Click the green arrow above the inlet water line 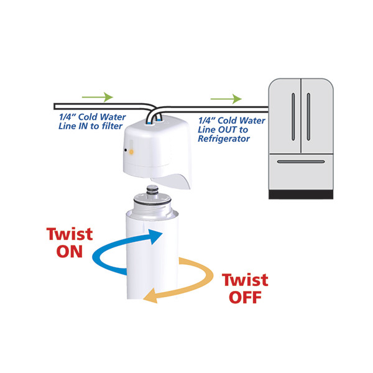click(98, 97)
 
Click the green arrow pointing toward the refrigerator click(226, 99)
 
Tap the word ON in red click(70, 252)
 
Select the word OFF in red click(245, 297)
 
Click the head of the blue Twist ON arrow click(155, 236)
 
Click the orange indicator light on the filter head click(131, 152)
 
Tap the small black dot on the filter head click(126, 150)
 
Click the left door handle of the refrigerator click(293, 117)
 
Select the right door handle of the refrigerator click(308, 117)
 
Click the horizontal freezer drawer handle click(301, 162)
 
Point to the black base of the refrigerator click(301, 195)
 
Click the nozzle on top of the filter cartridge click(152, 190)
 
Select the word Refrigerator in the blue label click(224, 139)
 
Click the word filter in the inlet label click(112, 126)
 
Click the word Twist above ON click(70, 234)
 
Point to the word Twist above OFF click(245, 280)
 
